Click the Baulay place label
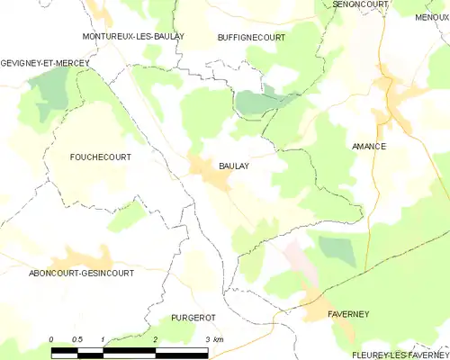coord(235,166)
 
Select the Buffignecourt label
coord(252,37)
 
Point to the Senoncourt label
coord(359,4)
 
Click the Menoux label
coord(433,17)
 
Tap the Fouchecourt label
coord(100,157)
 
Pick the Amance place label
coord(368,147)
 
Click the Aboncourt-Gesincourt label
coord(68,273)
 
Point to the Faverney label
coord(347,314)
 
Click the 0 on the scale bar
coord(51,338)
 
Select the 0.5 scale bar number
coord(76,338)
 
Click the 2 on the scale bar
coord(156,338)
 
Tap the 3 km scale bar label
coord(213,338)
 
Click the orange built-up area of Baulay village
coord(212,173)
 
